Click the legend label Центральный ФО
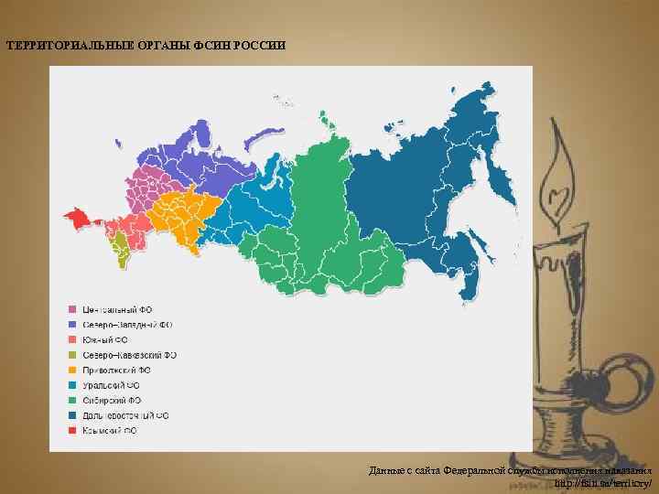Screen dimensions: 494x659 point(116,310)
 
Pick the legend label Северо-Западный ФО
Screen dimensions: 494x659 point(127,325)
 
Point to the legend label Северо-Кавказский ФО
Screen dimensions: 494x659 point(130,355)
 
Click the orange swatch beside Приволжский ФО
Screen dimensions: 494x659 point(71,370)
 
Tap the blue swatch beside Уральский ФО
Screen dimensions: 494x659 point(71,385)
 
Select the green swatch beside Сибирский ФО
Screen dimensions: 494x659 point(71,400)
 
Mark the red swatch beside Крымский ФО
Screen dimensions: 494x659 point(71,430)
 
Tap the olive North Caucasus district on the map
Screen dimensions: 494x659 point(120,245)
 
